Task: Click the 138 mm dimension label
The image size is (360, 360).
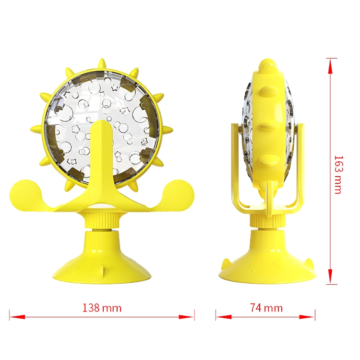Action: pyautogui.click(x=102, y=308)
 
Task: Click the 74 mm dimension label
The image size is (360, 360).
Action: pyautogui.click(x=266, y=308)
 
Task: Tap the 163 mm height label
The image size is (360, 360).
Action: pyautogui.click(x=338, y=175)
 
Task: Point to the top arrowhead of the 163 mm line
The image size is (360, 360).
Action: pyautogui.click(x=330, y=66)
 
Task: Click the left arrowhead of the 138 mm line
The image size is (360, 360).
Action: pyautogui.click(x=17, y=317)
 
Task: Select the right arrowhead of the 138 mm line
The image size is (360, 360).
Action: pyautogui.click(x=186, y=317)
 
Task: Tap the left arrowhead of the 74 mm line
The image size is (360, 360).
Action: pyautogui.click(x=224, y=317)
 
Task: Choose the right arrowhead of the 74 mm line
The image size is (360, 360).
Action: pyautogui.click(x=307, y=317)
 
